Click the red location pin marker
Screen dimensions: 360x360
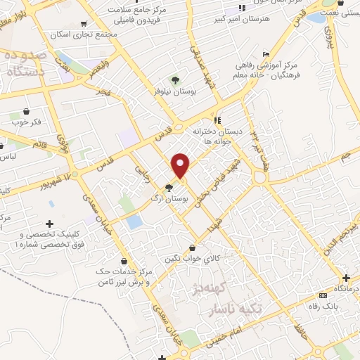[181, 165]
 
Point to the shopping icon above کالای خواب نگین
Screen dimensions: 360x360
[193, 247]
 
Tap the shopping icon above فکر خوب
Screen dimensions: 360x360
[27, 111]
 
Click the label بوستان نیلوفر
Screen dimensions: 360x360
[175, 91]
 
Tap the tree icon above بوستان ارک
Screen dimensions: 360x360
[169, 187]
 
